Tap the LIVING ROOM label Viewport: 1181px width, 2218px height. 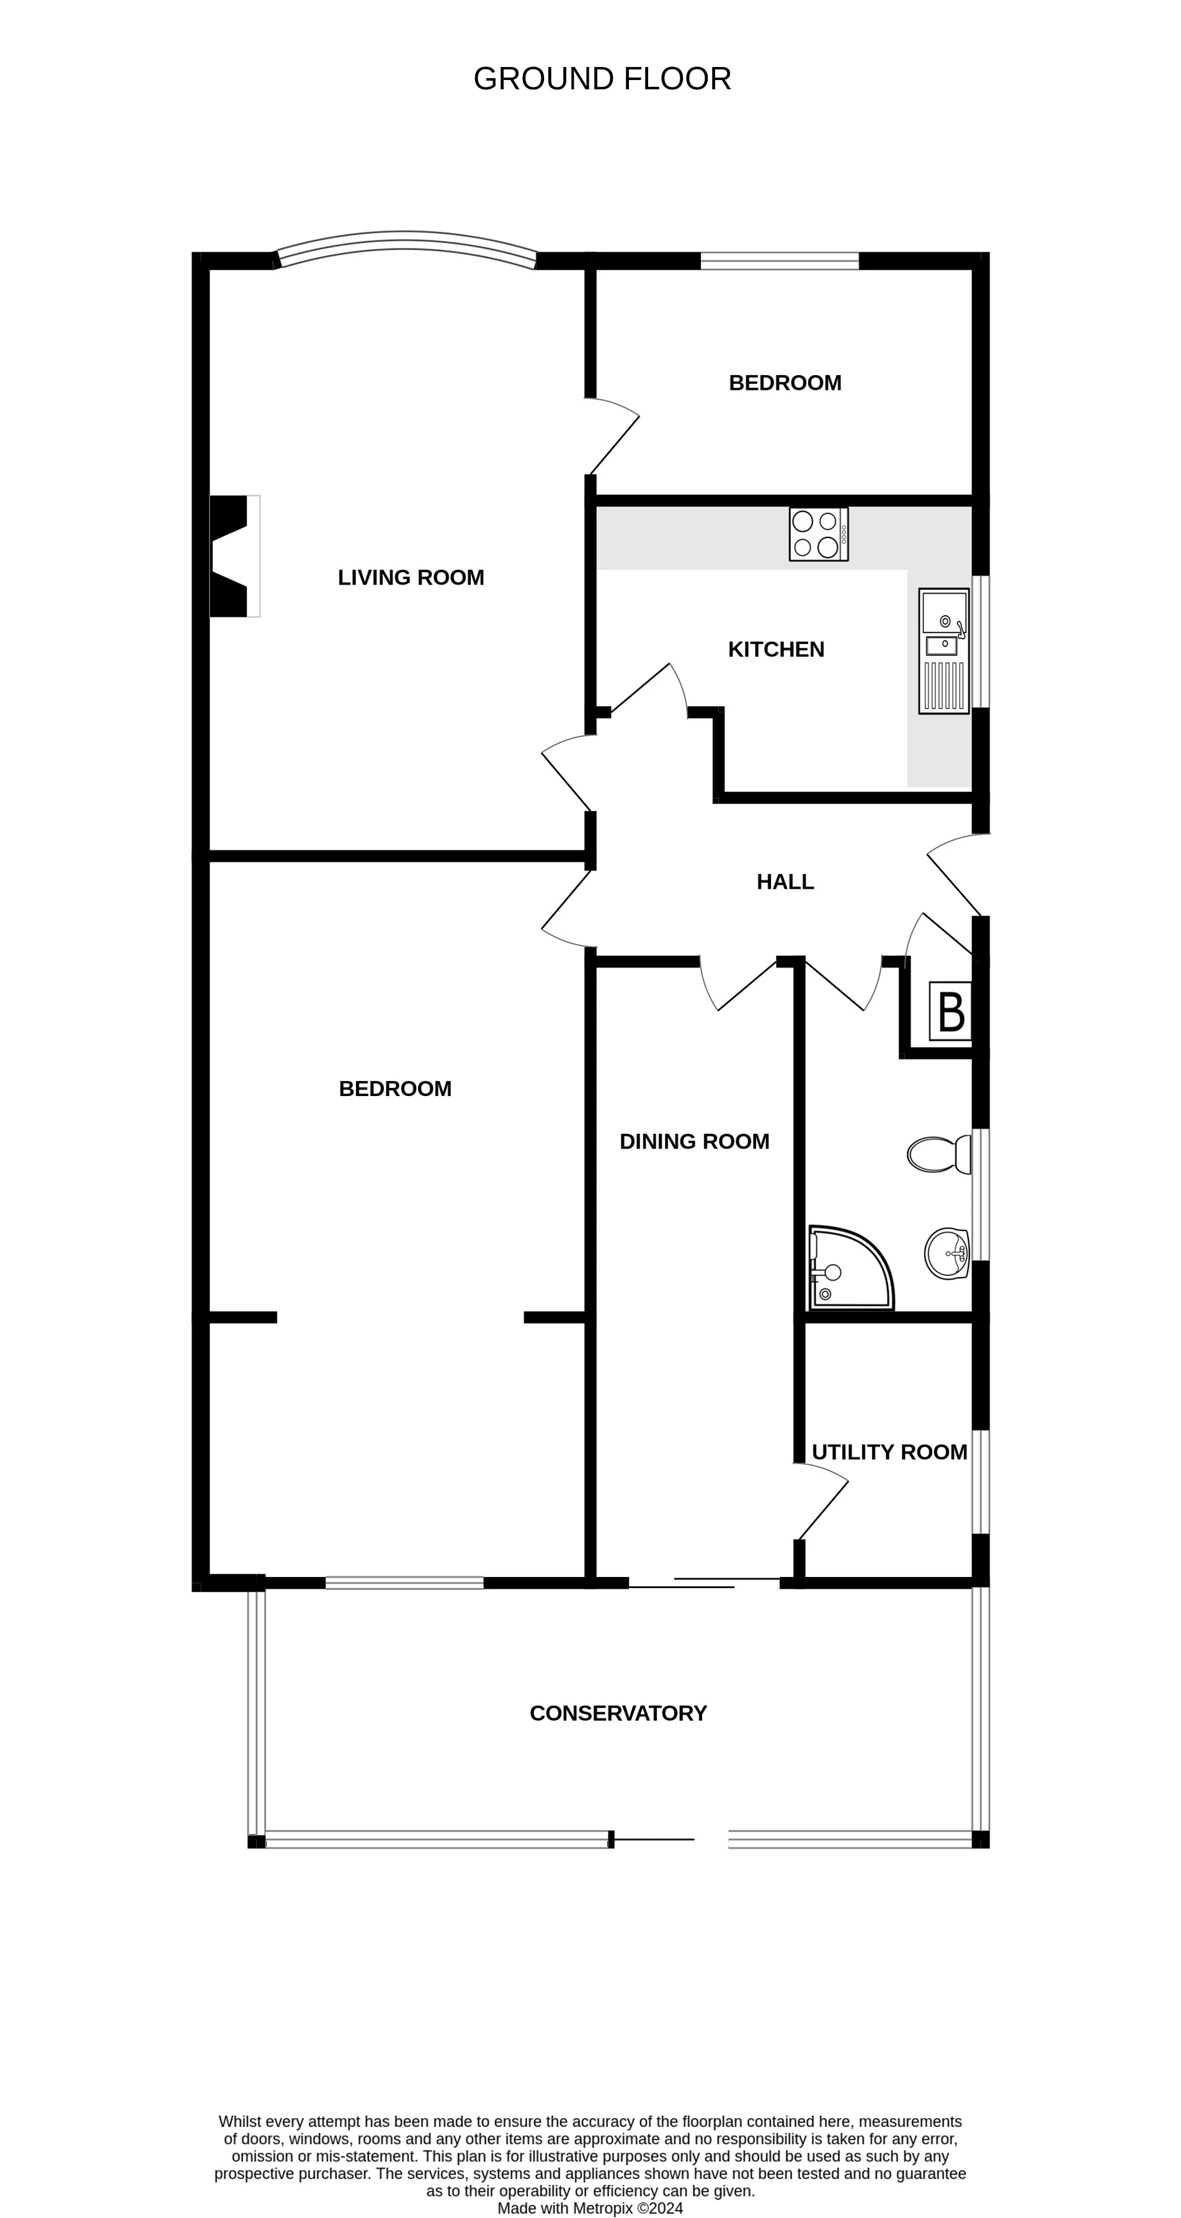[411, 578]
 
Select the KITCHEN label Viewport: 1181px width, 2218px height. [776, 649]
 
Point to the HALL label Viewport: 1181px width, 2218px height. [785, 881]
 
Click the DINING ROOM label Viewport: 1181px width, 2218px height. [694, 1142]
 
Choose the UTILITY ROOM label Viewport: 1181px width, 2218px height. [889, 1452]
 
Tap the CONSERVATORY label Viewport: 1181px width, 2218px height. [618, 1713]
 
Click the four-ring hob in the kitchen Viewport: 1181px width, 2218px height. [818, 534]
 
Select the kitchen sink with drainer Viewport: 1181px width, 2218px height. [944, 651]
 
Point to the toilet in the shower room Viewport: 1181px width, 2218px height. [939, 1154]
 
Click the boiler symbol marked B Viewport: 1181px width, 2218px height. [950, 1012]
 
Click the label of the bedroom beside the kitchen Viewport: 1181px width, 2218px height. [785, 383]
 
